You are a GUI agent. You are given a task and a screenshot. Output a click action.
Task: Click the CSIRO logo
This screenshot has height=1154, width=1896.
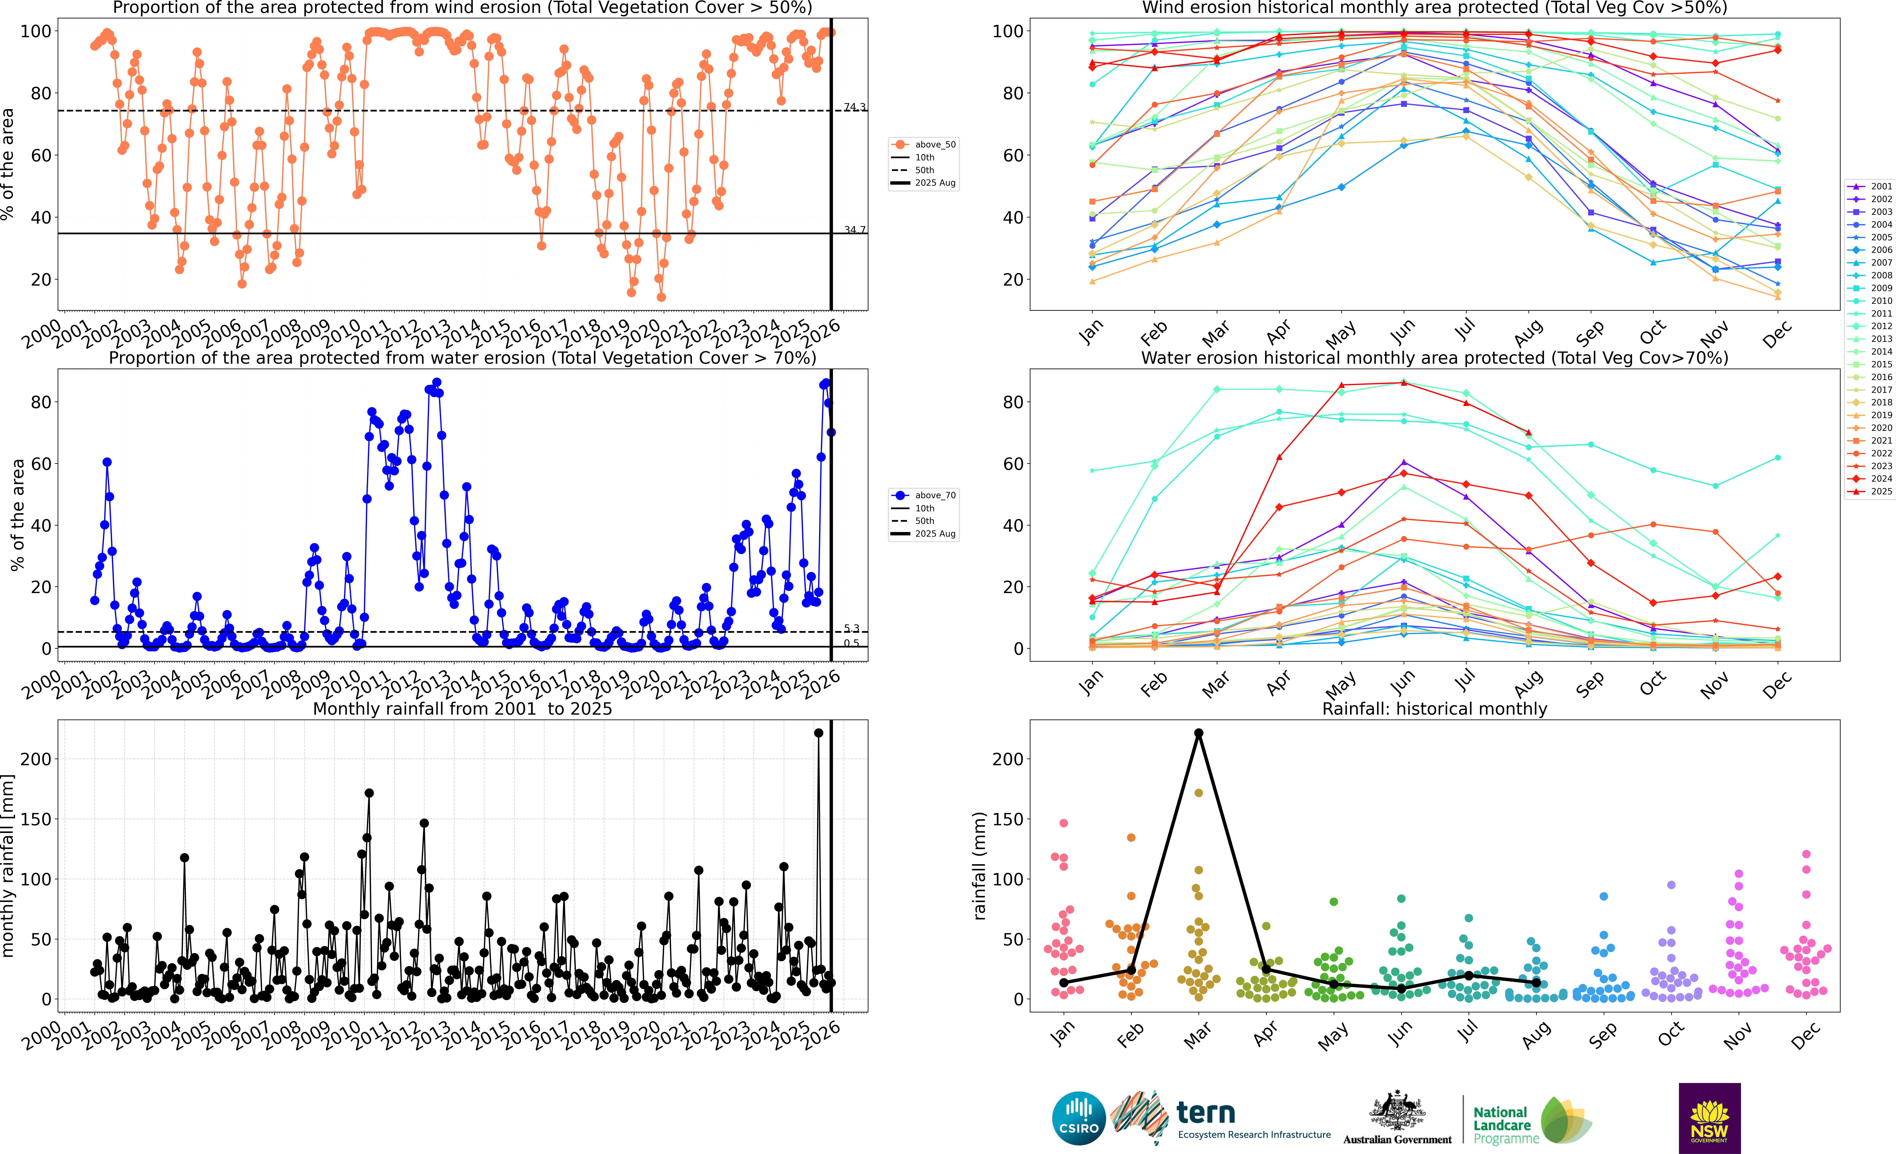pos(1079,1118)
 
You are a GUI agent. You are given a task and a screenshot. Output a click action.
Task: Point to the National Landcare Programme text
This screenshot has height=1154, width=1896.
pos(1506,1125)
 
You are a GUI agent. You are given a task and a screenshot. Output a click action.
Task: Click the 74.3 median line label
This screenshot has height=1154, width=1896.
pos(854,107)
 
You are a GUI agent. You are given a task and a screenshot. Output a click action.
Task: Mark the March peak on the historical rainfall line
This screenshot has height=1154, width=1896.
pos(1198,733)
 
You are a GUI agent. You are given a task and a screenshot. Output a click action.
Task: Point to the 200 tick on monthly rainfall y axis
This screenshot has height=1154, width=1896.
pos(36,759)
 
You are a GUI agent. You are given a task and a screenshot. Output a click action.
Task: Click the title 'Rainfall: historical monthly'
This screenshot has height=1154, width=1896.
pos(1434,709)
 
